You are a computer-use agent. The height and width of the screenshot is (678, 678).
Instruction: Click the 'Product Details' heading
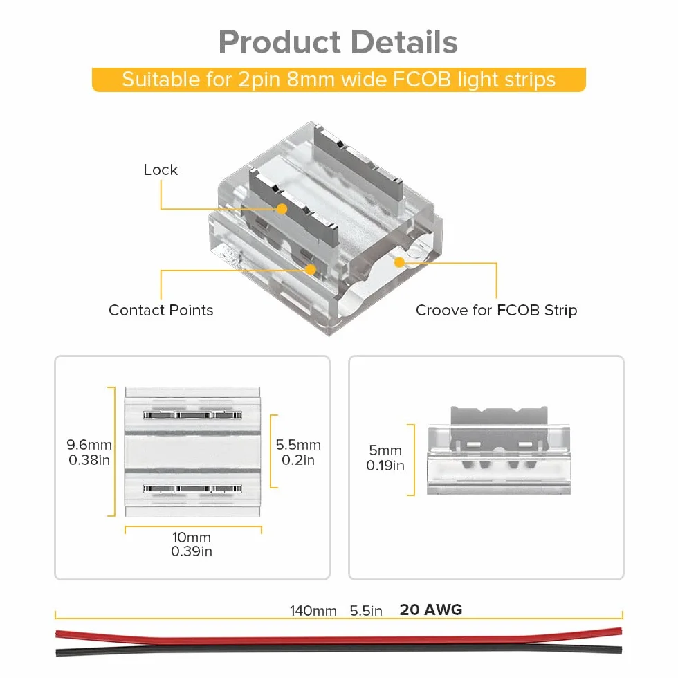coord(338,42)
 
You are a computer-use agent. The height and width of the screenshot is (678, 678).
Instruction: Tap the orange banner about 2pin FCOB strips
coord(338,80)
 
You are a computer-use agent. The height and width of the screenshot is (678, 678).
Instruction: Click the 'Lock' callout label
coord(161,170)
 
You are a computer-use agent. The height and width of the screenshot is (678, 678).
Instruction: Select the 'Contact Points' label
coord(161,310)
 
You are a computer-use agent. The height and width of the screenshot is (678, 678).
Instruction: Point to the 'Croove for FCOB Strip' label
coord(497,310)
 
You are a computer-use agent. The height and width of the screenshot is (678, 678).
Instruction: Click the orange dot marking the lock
coord(282,209)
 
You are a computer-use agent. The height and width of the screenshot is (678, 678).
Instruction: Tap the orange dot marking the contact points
coord(311,270)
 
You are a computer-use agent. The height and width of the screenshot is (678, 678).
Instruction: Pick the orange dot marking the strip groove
coord(400,262)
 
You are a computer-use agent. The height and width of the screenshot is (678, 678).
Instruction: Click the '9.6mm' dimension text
coord(89,444)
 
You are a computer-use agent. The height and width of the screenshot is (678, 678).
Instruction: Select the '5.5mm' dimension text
coord(298,444)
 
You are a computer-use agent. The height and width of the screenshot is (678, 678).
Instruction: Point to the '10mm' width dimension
coord(192,537)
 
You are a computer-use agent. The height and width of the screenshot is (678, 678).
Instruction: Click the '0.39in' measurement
coord(192,551)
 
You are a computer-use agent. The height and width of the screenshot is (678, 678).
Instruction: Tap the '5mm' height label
coord(385,450)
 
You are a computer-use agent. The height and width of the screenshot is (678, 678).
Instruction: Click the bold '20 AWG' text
coord(431,610)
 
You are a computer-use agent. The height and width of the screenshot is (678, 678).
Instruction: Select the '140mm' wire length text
coord(313,610)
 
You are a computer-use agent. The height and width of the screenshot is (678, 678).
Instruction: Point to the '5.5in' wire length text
coord(366,610)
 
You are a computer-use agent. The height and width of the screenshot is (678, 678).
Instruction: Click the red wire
coord(338,638)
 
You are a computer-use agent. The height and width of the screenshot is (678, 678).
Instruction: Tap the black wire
coord(338,649)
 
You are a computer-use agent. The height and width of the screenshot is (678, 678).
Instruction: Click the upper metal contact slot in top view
coord(192,415)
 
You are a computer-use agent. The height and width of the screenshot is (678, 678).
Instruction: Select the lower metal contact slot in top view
coord(192,488)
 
